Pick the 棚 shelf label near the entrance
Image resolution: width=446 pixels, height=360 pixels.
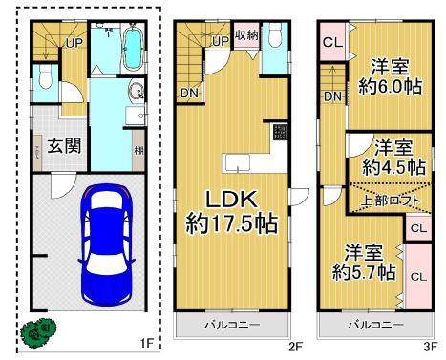[x=139, y=151]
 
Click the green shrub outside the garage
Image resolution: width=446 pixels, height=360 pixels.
[x=39, y=331]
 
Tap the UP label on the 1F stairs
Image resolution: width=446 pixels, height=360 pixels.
[x=73, y=42]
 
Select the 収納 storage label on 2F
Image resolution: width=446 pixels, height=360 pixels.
[x=245, y=35]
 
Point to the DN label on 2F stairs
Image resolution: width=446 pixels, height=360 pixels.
[x=188, y=93]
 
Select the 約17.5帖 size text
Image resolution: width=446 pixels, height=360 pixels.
[x=230, y=225]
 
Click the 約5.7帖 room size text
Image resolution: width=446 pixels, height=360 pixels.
[x=364, y=272]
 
